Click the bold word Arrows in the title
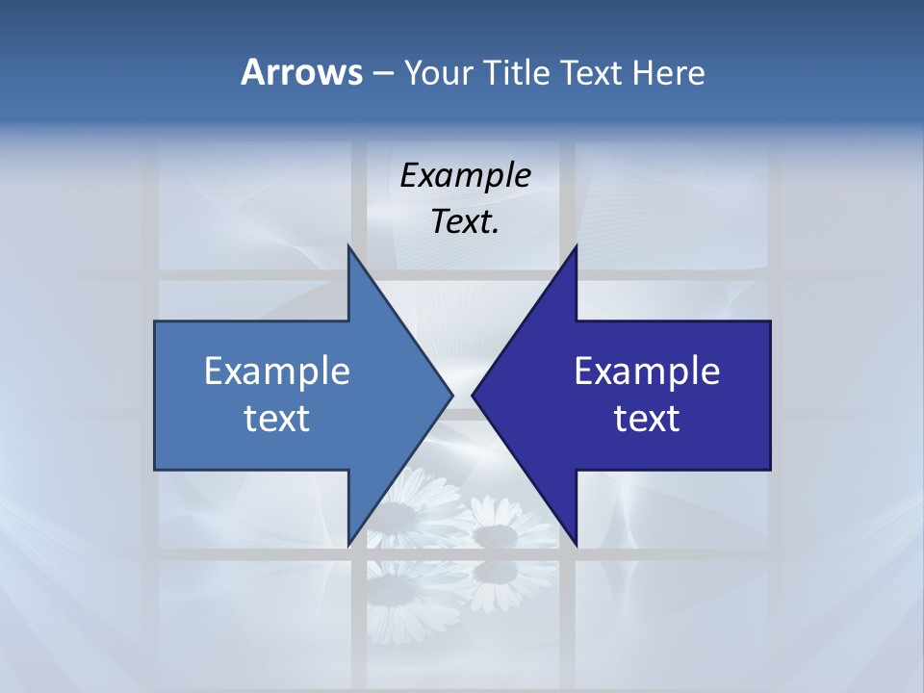tap(301, 72)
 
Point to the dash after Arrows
tap(382, 73)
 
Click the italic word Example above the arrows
tap(465, 176)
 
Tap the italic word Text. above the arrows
tap(465, 222)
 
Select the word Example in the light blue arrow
tap(277, 372)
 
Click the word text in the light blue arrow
tap(277, 419)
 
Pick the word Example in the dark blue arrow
tap(647, 372)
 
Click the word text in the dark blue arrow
tap(647, 419)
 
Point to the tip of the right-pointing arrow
tap(451, 395)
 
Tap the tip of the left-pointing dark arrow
tap(473, 395)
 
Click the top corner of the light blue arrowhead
tap(348, 246)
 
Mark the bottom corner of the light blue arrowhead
tap(348, 545)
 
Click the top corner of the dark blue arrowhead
tap(576, 246)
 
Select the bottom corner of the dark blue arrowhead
tap(576, 545)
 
